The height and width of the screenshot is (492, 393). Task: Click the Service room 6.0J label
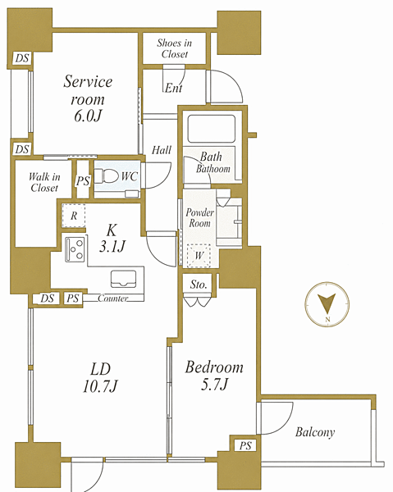click(88, 98)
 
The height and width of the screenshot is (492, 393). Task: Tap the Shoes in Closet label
click(175, 48)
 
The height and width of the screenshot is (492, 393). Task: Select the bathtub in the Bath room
click(211, 129)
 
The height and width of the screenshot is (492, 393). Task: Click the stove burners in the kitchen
click(75, 249)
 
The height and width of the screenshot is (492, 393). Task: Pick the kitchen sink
click(123, 279)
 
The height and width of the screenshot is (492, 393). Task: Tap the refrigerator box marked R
click(74, 216)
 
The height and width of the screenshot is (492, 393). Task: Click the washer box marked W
click(199, 255)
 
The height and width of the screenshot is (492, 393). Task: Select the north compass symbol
click(327, 304)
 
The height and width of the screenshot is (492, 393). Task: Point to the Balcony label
click(315, 432)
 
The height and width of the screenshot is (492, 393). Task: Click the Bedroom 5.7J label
click(214, 376)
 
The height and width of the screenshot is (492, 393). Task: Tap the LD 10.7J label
click(100, 377)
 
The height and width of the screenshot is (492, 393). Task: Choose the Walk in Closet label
click(44, 182)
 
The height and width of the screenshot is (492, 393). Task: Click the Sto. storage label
click(199, 285)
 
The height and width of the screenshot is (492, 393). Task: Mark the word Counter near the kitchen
click(113, 298)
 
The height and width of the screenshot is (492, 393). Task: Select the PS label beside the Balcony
click(245, 445)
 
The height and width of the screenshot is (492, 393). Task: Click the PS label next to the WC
click(83, 180)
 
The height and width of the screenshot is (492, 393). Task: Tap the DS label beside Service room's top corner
click(22, 58)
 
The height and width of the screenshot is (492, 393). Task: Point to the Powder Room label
click(199, 218)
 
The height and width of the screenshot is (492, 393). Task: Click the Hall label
click(162, 150)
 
